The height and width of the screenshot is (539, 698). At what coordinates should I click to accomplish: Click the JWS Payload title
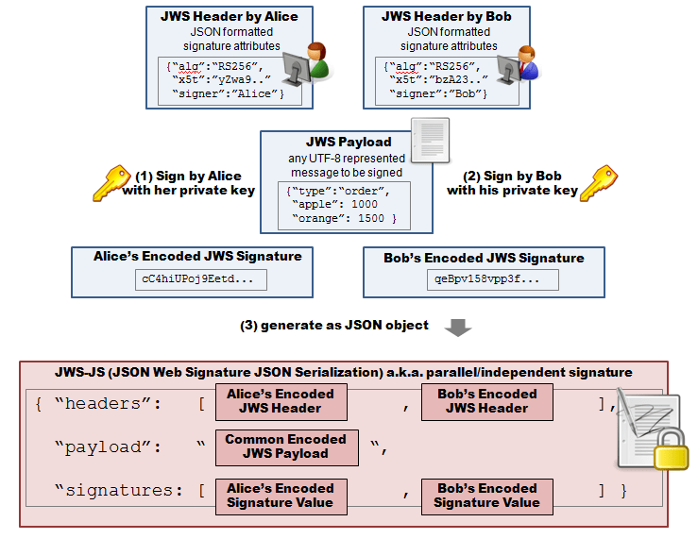click(348, 142)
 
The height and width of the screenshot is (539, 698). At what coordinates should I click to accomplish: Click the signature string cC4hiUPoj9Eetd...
click(201, 279)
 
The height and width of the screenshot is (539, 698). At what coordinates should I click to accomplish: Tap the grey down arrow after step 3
click(458, 327)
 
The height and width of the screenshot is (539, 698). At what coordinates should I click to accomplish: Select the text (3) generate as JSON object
click(334, 326)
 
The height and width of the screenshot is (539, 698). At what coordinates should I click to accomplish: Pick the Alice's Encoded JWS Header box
click(281, 401)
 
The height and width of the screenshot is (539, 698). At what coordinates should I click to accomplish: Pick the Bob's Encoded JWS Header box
click(486, 401)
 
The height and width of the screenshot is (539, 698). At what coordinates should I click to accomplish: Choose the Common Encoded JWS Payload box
click(286, 446)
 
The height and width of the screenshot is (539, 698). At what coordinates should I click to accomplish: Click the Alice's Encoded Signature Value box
click(281, 496)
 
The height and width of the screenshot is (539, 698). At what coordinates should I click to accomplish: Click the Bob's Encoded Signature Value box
click(486, 496)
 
